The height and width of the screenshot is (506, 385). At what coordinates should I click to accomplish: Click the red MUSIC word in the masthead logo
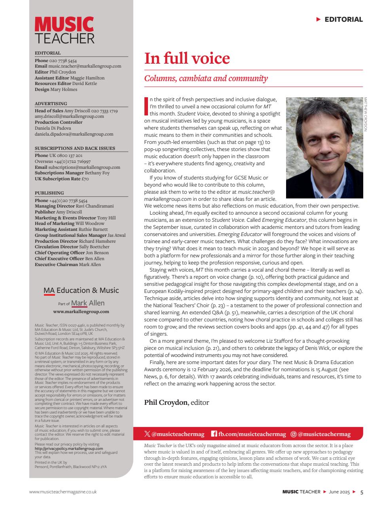pos(64,24)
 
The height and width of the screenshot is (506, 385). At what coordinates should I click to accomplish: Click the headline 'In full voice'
pos(187,59)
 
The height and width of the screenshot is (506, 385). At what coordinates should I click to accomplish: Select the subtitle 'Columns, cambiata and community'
pos(206,78)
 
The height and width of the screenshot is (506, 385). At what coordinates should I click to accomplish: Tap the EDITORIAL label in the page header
pos(343,19)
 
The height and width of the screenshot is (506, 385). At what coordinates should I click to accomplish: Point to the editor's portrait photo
pos(324,147)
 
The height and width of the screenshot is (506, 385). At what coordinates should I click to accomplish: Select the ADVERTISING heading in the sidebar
pos(51,104)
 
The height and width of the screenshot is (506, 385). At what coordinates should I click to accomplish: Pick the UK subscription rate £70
pos(85,179)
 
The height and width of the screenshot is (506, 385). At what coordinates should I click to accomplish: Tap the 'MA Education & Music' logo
pos(81,291)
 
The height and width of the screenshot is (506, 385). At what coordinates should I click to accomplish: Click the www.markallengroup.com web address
pos(81,312)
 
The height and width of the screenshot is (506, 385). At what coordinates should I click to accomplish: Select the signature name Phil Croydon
pos(165,402)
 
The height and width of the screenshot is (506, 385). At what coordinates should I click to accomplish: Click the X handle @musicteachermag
pos(178,434)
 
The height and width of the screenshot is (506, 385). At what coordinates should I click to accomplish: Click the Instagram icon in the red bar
pos(293,434)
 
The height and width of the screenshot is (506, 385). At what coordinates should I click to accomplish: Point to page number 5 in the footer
pos(362,492)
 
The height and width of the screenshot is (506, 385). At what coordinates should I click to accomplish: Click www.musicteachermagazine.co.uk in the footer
pos(63,492)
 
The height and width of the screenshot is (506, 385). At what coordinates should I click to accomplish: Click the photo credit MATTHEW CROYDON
pos(366,114)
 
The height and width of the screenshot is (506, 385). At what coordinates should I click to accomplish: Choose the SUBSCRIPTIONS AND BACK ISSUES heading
pos(75,148)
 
